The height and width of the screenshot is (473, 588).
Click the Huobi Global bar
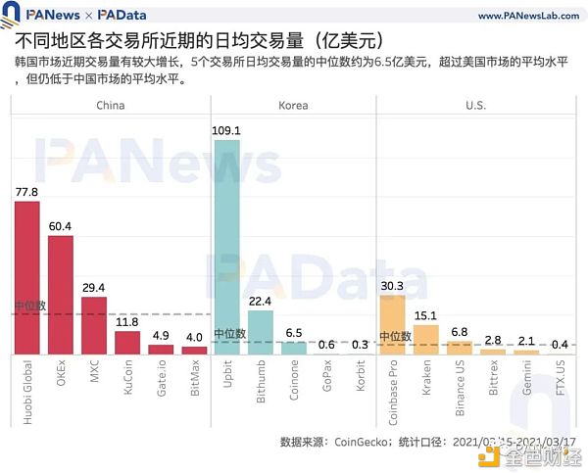tap(26, 277)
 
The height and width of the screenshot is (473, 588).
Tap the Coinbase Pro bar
tap(392, 323)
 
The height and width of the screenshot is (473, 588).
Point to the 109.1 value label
tap(227, 130)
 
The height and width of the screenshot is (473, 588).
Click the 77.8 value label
tap(26, 192)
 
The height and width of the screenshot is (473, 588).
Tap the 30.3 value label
tap(392, 286)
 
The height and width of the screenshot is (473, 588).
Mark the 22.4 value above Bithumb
tap(261, 302)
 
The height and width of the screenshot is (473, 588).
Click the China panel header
tap(110, 106)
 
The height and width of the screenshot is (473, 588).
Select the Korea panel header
tap(293, 106)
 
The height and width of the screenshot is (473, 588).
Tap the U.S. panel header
tap(475, 106)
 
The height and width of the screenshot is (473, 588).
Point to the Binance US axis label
tap(460, 390)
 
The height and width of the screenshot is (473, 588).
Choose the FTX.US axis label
tap(561, 381)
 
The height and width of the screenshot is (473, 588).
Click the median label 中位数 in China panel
tap(29, 307)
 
